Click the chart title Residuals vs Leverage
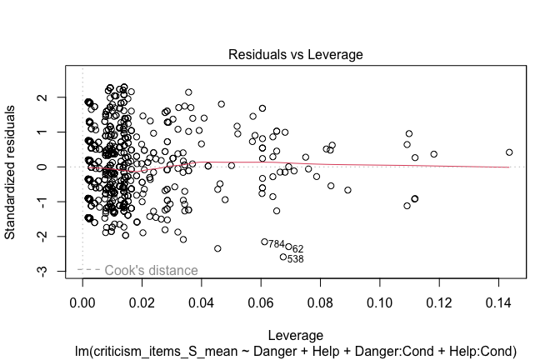pos(296,55)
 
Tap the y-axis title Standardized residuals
pos(12,172)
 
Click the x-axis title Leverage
pos(296,335)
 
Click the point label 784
pos(277,244)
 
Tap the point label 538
pos(295,259)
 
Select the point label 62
pos(297,248)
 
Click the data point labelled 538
pos(283,257)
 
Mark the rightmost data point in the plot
pos(509,152)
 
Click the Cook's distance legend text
pos(151,270)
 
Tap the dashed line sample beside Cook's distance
pos(89,270)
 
